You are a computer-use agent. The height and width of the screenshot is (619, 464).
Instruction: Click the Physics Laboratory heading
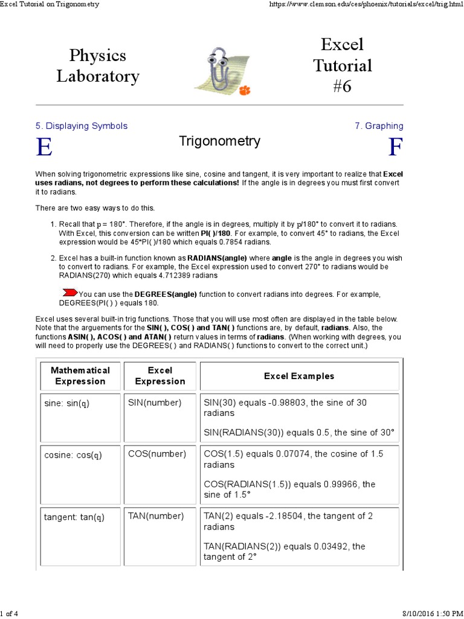[97, 66]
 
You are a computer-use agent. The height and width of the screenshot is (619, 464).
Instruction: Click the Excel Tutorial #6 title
[342, 65]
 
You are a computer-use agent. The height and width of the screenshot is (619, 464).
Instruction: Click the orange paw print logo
[244, 89]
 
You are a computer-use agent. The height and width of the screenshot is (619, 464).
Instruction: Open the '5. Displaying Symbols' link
[81, 126]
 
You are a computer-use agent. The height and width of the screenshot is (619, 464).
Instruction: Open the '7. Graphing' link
[379, 126]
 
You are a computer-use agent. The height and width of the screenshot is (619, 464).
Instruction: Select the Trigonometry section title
[219, 141]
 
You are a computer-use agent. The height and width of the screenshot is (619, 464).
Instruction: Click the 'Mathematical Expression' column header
[80, 375]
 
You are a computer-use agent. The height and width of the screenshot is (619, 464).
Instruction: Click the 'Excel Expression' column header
[160, 375]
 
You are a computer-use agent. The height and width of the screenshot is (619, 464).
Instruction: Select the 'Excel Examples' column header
[299, 376]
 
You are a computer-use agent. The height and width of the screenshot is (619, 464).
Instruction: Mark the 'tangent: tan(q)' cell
[74, 517]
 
